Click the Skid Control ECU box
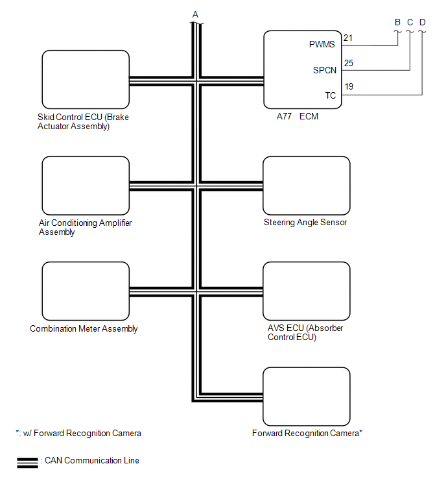click(x=85, y=79)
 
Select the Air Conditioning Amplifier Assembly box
click(x=85, y=185)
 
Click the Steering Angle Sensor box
click(x=306, y=185)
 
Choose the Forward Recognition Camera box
click(x=306, y=396)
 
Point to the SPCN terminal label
click(x=324, y=70)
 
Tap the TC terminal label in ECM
click(x=330, y=95)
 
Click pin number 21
click(x=348, y=38)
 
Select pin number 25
click(x=348, y=64)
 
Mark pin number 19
click(x=348, y=86)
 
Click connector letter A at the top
click(x=195, y=14)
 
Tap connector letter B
click(x=397, y=22)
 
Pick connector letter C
click(x=410, y=22)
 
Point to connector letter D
click(x=422, y=22)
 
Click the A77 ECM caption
click(x=297, y=117)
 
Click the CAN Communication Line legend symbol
click(x=27, y=461)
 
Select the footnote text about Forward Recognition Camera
click(x=78, y=433)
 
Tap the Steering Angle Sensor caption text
click(x=305, y=223)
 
